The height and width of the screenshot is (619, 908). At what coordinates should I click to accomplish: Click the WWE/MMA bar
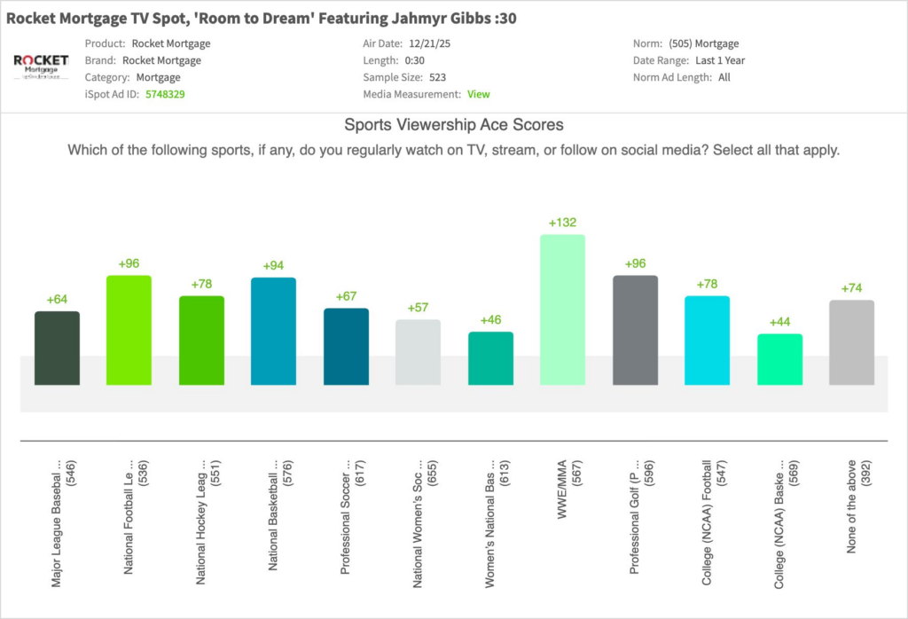coord(562,309)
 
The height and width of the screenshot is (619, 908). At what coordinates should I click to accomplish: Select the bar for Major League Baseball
coord(57,348)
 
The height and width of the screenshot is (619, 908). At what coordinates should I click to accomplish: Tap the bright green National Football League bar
coord(129,330)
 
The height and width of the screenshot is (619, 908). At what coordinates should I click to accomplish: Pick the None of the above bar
coord(852,342)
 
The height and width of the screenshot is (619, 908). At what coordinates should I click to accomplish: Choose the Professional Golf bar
coord(635,330)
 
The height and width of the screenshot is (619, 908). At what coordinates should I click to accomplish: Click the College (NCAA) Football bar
coord(707,341)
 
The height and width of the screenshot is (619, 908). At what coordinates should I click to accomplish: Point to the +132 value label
coord(562,223)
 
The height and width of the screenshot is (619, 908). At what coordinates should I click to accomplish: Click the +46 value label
coord(490,319)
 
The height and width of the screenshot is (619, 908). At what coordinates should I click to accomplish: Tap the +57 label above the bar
coord(418,307)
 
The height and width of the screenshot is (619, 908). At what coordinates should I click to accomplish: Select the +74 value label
coord(852,287)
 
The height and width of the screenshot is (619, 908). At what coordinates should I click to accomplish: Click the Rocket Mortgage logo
coord(41,67)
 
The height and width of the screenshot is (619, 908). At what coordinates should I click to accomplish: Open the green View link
coord(478,94)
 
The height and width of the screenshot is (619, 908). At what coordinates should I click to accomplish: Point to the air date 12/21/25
coord(428,43)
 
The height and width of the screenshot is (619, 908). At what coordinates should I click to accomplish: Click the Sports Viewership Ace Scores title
coord(453,125)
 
